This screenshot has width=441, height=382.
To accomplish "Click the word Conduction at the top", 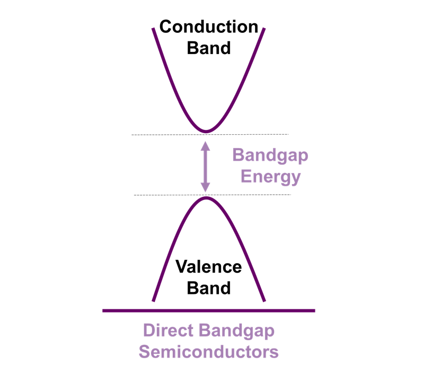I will click(x=209, y=27).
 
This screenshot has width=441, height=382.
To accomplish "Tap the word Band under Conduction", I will click(x=209, y=48).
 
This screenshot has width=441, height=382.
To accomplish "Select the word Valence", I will click(x=209, y=266).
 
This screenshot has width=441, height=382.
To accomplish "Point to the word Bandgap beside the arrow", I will click(x=270, y=155).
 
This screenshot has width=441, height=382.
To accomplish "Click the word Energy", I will click(x=270, y=176).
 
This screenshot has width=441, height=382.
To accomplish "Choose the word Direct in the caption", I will click(x=169, y=330).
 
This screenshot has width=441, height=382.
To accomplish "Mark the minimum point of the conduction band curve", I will click(x=206, y=131).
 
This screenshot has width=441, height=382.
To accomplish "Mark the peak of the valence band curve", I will click(x=207, y=198).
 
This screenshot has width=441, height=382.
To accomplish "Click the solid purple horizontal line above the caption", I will click(x=209, y=310).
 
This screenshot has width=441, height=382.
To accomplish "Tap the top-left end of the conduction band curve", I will click(x=154, y=29).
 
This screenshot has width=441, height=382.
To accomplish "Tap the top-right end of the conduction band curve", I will click(x=263, y=29).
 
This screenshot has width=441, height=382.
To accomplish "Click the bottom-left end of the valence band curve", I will click(x=154, y=300).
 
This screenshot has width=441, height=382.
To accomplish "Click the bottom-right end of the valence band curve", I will click(x=264, y=301).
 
